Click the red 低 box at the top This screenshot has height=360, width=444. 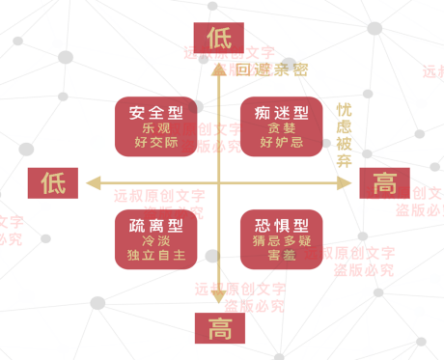[x=218, y=38]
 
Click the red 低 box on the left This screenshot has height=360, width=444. [x=52, y=182]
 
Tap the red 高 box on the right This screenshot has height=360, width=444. [x=385, y=181]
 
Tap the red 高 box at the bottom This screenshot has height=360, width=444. [x=218, y=328]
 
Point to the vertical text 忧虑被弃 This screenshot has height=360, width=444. [x=345, y=136]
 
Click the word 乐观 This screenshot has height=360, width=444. [x=155, y=128]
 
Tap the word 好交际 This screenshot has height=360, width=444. [x=155, y=144]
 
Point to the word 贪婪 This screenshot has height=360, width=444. [x=281, y=128]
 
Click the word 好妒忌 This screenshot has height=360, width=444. [x=281, y=144]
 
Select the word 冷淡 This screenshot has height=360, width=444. [x=155, y=240]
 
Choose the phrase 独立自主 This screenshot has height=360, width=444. [x=155, y=256]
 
